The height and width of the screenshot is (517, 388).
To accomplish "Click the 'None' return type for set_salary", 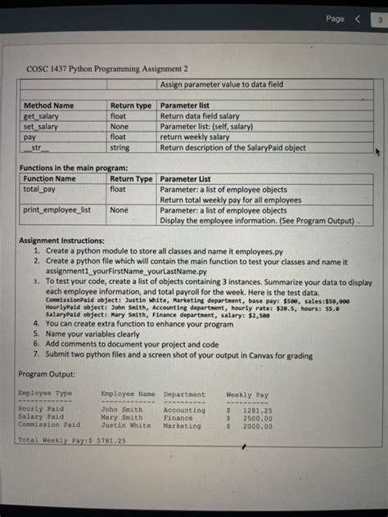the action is tap(120, 127).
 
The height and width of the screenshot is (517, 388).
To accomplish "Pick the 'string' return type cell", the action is tap(120, 148).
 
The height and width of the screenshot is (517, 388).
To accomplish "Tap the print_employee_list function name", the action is tap(56, 210).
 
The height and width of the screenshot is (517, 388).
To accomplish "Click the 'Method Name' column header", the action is tap(48, 106).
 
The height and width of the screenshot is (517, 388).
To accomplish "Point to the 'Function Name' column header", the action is tap(50, 178).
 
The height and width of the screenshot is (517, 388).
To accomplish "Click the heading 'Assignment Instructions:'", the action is tap(61, 242).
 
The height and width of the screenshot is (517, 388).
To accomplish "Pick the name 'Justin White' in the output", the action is tap(125, 425).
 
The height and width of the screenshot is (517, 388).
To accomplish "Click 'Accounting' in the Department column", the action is tap(183, 411).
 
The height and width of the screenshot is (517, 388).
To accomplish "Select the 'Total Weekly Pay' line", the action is tap(70, 441).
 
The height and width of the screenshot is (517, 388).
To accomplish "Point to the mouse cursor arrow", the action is tap(377, 151).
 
